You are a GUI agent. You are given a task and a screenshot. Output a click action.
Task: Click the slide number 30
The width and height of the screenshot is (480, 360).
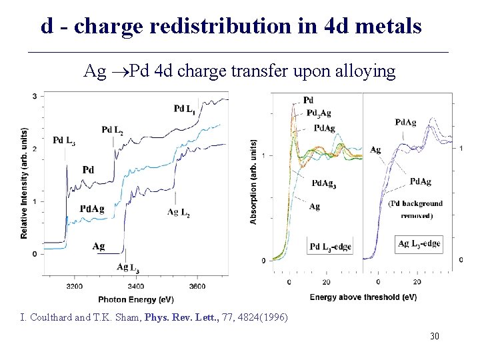click(x=434, y=337)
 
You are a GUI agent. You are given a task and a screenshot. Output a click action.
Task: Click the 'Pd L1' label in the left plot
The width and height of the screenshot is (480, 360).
click(x=185, y=109)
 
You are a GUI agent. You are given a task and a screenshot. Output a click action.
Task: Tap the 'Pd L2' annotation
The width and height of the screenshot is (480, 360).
click(x=112, y=129)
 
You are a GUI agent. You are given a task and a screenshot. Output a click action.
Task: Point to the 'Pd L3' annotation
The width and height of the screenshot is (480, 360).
click(x=64, y=141)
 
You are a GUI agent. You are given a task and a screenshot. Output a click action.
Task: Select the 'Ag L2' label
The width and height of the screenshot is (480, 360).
click(x=178, y=213)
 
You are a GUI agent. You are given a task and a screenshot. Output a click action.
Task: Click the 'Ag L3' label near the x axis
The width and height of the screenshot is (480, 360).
click(x=127, y=268)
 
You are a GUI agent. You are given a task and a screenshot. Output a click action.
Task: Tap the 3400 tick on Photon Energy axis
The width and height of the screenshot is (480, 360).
click(x=136, y=286)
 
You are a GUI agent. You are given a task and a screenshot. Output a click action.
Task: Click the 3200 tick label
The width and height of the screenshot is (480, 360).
click(x=75, y=286)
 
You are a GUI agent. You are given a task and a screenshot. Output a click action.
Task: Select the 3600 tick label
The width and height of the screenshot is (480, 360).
click(x=197, y=286)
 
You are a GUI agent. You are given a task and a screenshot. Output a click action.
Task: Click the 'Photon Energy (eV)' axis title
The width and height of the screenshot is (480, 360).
click(x=136, y=299)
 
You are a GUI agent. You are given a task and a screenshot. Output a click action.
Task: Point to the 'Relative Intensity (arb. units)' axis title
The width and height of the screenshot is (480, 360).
click(x=24, y=183)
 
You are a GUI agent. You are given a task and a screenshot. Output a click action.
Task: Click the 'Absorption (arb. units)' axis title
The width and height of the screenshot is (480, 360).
click(x=254, y=181)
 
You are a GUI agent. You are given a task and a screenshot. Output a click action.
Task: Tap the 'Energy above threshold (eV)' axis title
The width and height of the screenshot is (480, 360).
click(x=363, y=297)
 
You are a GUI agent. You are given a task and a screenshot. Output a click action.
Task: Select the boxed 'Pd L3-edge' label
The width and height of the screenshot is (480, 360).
click(x=330, y=247)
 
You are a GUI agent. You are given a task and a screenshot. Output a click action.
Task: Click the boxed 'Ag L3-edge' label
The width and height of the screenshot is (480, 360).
click(x=419, y=244)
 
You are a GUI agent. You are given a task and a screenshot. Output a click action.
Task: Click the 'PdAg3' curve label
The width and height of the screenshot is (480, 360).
click(x=323, y=185)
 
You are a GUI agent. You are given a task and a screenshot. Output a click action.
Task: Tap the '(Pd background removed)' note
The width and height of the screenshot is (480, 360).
click(x=415, y=209)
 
